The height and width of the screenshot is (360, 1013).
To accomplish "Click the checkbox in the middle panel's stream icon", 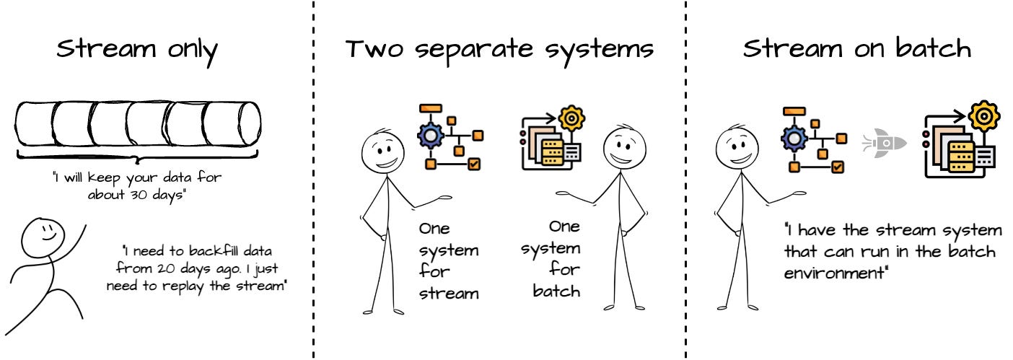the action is click(474, 164).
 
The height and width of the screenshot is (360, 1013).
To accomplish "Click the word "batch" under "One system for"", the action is click(556, 291).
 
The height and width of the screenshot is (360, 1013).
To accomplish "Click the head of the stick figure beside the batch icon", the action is click(620, 149).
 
